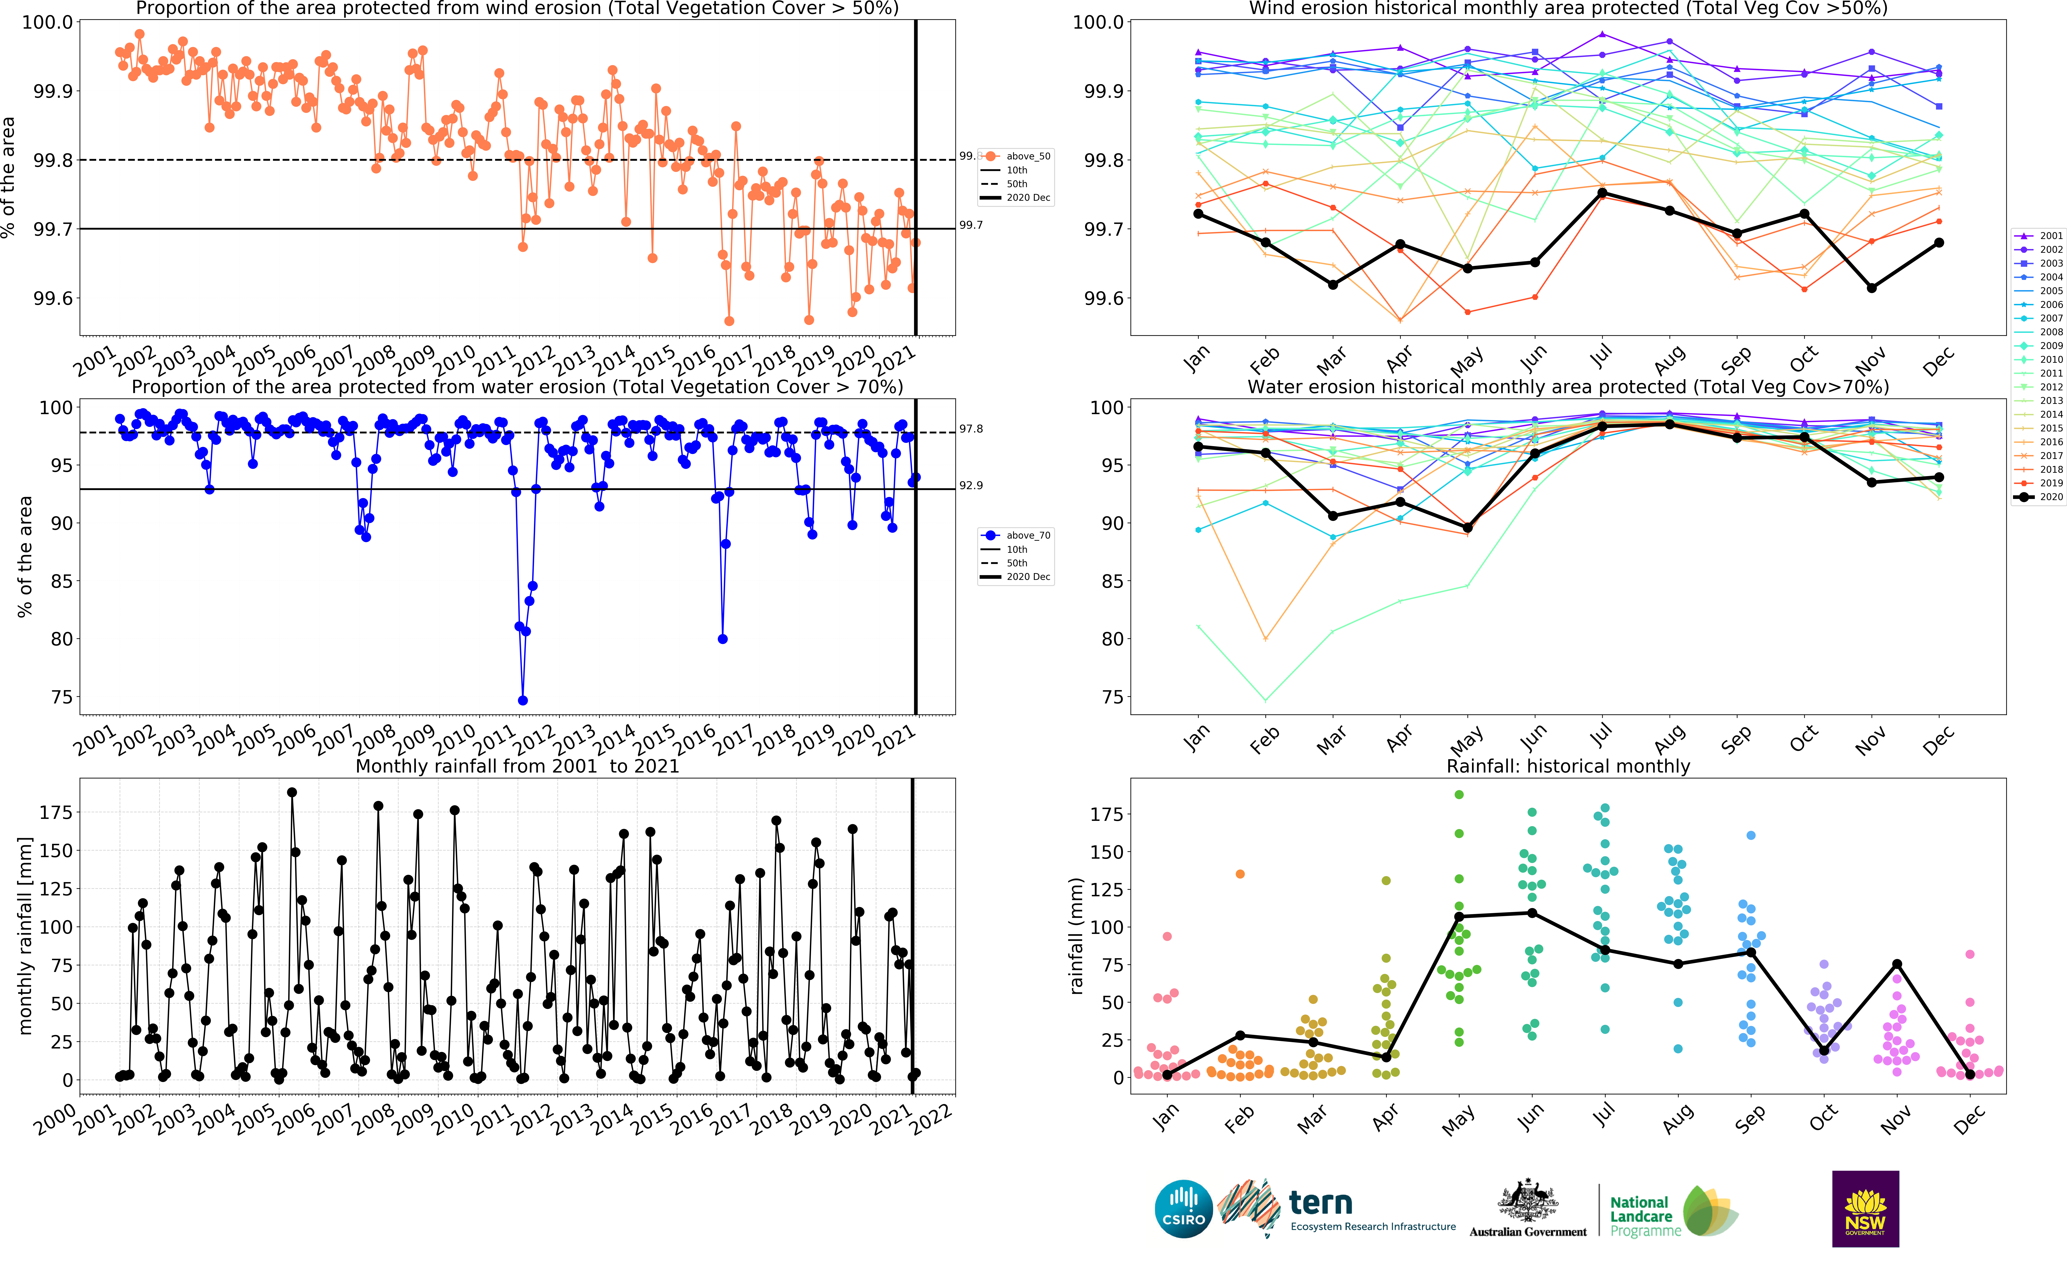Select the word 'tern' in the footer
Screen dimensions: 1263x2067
coord(1320,1203)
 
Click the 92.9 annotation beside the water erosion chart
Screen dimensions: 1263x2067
coord(971,486)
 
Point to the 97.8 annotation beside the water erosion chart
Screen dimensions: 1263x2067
coord(971,429)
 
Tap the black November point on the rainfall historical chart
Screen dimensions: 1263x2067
coord(1897,965)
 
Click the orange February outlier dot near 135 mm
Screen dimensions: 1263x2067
coord(1240,874)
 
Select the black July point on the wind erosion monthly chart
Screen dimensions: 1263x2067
coord(1602,193)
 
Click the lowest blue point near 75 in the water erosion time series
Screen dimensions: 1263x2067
coord(523,700)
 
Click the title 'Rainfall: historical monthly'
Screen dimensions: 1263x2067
coord(1568,766)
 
